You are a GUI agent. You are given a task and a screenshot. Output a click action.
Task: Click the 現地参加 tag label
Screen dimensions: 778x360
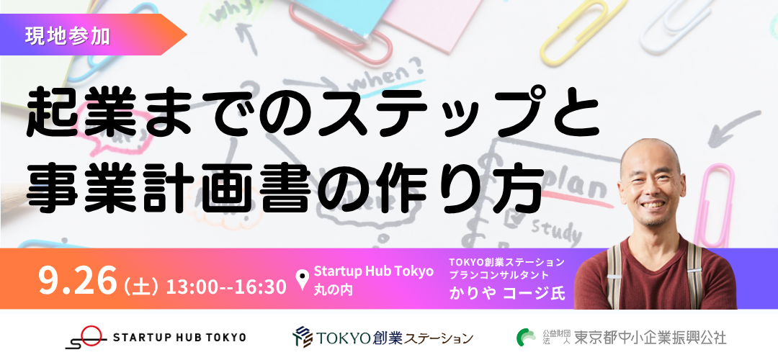coord(68,35)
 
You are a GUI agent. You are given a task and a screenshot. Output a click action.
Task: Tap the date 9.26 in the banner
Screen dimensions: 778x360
coord(77,280)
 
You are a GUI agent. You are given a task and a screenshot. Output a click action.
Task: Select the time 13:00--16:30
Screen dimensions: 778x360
coord(226,287)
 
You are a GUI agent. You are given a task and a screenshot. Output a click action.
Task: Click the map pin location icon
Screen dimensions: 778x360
coord(302,280)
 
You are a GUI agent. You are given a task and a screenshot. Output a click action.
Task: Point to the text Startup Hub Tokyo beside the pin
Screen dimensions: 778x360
coord(374,271)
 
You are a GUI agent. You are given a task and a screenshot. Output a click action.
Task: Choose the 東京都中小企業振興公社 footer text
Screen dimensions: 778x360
coord(650,338)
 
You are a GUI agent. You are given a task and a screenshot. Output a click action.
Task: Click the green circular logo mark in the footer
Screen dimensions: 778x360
coord(525,338)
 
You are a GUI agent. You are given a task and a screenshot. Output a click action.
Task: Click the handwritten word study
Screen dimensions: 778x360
coord(555,231)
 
